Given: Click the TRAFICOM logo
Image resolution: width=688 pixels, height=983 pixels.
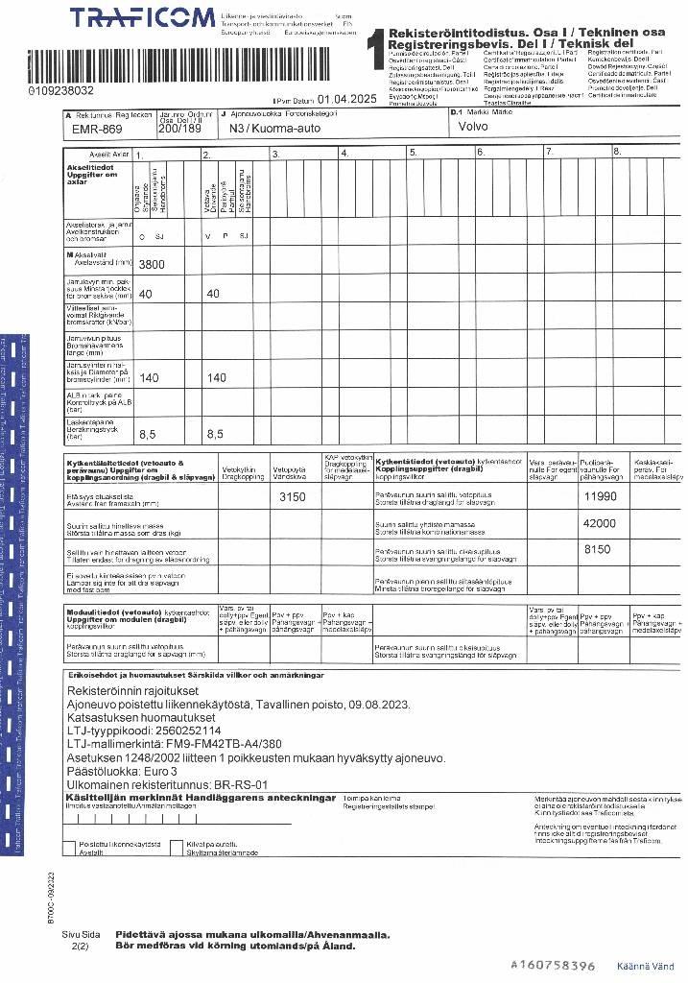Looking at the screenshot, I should click(142, 19).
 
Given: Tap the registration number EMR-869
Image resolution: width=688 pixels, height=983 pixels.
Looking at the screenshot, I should click(98, 129).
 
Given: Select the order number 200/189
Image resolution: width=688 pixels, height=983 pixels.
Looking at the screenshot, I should click(179, 128).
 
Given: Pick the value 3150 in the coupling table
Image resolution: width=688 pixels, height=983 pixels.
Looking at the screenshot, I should click(293, 497).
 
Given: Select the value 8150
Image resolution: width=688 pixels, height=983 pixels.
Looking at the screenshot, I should click(597, 550).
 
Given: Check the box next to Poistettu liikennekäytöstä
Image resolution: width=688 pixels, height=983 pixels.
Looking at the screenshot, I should click(68, 847).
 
